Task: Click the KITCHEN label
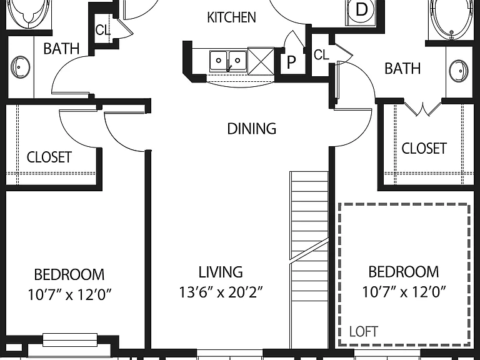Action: point(231,17)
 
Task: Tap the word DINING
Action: point(252,129)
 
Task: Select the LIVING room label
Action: point(221,272)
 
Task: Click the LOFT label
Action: point(364,331)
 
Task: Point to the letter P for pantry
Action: point(291,62)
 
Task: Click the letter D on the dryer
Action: point(361,9)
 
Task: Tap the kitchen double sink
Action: point(228,61)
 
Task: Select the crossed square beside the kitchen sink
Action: point(261,61)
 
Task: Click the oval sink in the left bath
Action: point(21,67)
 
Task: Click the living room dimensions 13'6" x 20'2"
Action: point(221,292)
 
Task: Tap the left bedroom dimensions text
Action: point(69,295)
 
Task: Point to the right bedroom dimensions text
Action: point(404,292)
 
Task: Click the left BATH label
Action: point(61,49)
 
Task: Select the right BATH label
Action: point(402,68)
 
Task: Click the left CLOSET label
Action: point(49,157)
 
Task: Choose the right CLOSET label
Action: point(424,149)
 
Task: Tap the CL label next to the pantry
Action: point(321,55)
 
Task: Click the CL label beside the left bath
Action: point(102,30)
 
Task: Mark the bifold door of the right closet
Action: point(422,109)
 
